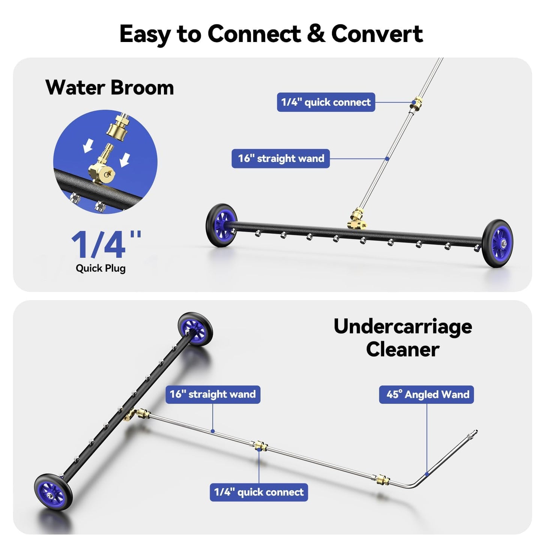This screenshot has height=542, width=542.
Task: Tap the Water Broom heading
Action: (x=110, y=88)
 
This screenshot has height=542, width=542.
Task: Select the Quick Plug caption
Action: (x=101, y=268)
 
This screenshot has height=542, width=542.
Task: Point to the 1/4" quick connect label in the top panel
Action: (x=326, y=102)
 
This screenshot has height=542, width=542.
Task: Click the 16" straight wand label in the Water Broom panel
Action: (x=281, y=158)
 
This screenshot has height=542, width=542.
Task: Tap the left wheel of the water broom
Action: (x=221, y=225)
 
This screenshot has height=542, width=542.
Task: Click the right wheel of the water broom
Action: (x=497, y=243)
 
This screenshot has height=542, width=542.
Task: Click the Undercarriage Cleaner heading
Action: (x=402, y=338)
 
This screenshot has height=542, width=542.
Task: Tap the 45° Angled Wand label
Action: (x=426, y=395)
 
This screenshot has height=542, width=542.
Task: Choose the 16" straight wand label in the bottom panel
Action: (x=213, y=395)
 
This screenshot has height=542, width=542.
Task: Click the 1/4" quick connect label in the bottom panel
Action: (x=259, y=492)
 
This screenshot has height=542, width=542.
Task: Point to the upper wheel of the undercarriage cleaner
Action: (x=195, y=329)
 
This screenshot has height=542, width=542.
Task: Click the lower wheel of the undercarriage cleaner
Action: (x=53, y=492)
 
